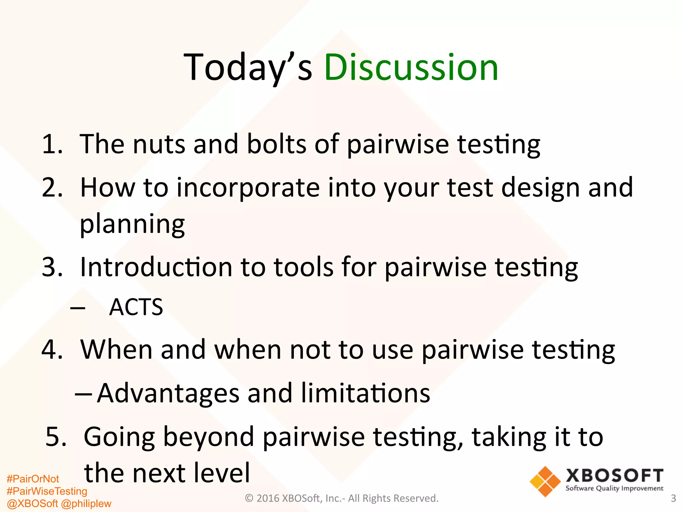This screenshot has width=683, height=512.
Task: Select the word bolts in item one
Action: coord(276,144)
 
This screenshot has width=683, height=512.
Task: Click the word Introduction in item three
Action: coord(156,267)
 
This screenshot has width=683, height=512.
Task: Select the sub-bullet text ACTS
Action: coord(136,307)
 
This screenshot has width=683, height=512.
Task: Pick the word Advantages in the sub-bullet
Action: coord(168,394)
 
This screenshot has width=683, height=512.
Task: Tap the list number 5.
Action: coord(56,437)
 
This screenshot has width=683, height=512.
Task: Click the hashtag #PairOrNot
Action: coord(33,479)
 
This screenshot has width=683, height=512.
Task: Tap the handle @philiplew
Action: coord(86,503)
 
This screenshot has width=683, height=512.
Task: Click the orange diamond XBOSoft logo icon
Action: coord(545,481)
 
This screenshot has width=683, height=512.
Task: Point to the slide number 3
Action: coord(673,498)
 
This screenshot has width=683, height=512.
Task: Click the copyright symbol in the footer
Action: coord(249,498)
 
